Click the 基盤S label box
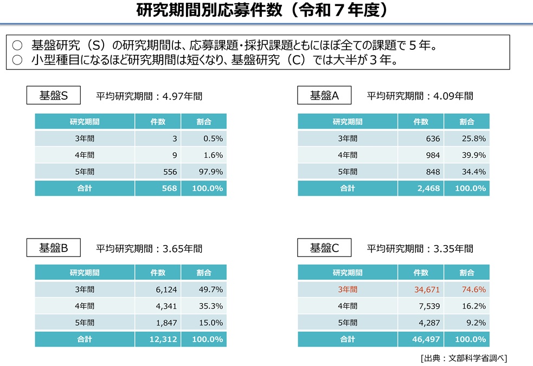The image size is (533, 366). (x=54, y=95)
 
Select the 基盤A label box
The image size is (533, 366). (x=324, y=95)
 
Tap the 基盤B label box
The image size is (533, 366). (x=54, y=247)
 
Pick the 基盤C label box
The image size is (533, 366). (x=324, y=247)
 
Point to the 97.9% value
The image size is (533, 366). (x=211, y=172)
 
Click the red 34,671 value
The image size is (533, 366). (x=427, y=290)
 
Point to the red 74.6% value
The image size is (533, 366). (x=474, y=290)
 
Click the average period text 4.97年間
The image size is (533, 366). (x=182, y=97)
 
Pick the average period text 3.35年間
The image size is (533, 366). (x=453, y=249)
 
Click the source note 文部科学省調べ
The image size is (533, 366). (x=476, y=358)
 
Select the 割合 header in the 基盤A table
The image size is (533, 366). (x=467, y=121)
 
